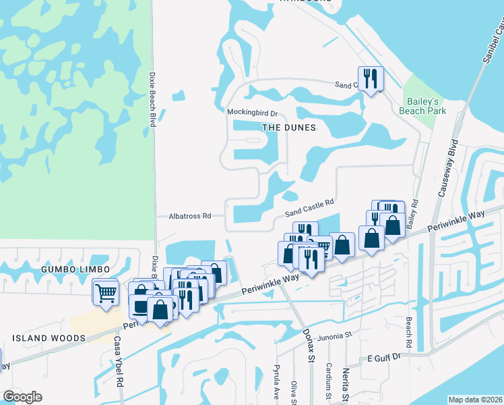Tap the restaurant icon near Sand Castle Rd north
click(370, 79)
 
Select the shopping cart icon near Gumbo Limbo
click(105, 294)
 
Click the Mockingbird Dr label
click(253, 113)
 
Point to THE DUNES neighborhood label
click(288, 127)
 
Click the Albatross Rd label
click(189, 216)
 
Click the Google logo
click(22, 397)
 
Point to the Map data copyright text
click(475, 400)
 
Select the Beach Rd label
click(408, 329)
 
